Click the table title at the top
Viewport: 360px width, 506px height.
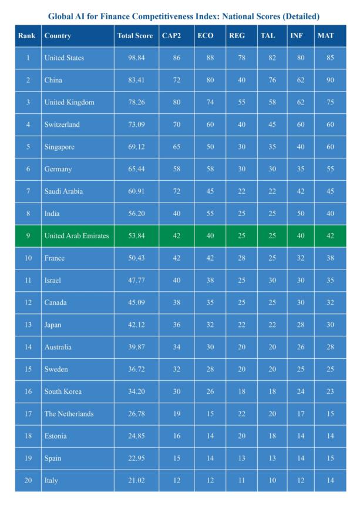point(184,16)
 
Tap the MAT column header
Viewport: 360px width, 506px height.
point(325,36)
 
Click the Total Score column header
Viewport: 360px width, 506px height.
point(135,36)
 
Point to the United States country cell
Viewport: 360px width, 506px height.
point(64,58)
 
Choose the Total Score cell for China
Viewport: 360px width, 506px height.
point(136,80)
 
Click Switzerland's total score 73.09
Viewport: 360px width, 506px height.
point(136,125)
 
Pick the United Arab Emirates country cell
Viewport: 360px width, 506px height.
point(76,236)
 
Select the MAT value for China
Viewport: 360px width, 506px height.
point(330,80)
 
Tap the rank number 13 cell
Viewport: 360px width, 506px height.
point(28,325)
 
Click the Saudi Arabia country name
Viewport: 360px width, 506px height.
point(63,191)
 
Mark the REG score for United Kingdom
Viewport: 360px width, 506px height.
point(241,103)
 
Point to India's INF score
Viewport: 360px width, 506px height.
point(301,214)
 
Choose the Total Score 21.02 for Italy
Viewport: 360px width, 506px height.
point(136,481)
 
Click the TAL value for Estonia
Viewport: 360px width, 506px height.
point(271,436)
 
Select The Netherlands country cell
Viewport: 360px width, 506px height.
point(69,414)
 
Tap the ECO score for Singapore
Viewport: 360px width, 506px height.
point(210,147)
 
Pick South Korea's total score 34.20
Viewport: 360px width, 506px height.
point(136,392)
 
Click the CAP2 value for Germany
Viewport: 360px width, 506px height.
point(176,169)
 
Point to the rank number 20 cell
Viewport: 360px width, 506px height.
point(28,481)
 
